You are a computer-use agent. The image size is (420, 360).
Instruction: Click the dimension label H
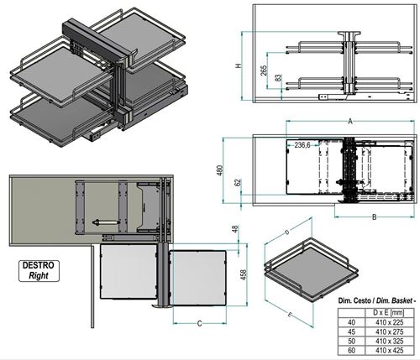[x=238, y=66]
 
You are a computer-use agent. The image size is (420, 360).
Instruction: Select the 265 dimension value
[x=264, y=70]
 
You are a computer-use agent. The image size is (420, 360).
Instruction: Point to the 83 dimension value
[x=277, y=77]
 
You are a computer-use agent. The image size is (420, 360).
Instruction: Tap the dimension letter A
[x=349, y=122]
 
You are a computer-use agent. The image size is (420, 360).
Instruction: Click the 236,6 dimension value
[x=302, y=145]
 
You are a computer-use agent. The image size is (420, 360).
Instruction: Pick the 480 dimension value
[x=220, y=170]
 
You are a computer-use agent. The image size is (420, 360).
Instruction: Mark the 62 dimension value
[x=238, y=183]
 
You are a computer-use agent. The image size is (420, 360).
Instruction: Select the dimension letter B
[x=374, y=217]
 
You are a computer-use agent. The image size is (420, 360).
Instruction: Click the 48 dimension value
[x=235, y=229]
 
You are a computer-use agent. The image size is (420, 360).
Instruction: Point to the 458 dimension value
[x=244, y=275]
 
